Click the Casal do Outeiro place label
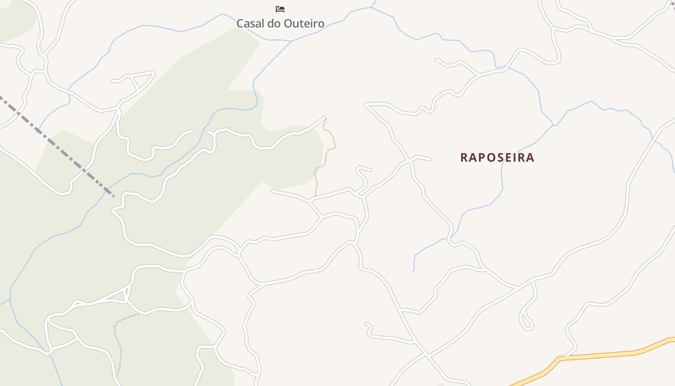pos(280,23)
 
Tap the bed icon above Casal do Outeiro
pos(280,9)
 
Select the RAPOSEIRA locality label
pos(497,158)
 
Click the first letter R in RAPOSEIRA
pos(464,158)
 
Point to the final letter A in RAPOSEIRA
pos(530,158)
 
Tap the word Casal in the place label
pos(249,23)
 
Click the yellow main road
pos(603,355)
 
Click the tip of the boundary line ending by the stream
pos(113,196)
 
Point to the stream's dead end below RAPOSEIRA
pos(413,272)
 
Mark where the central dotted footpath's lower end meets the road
pos(315,196)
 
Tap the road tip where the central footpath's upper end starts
pos(325,117)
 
